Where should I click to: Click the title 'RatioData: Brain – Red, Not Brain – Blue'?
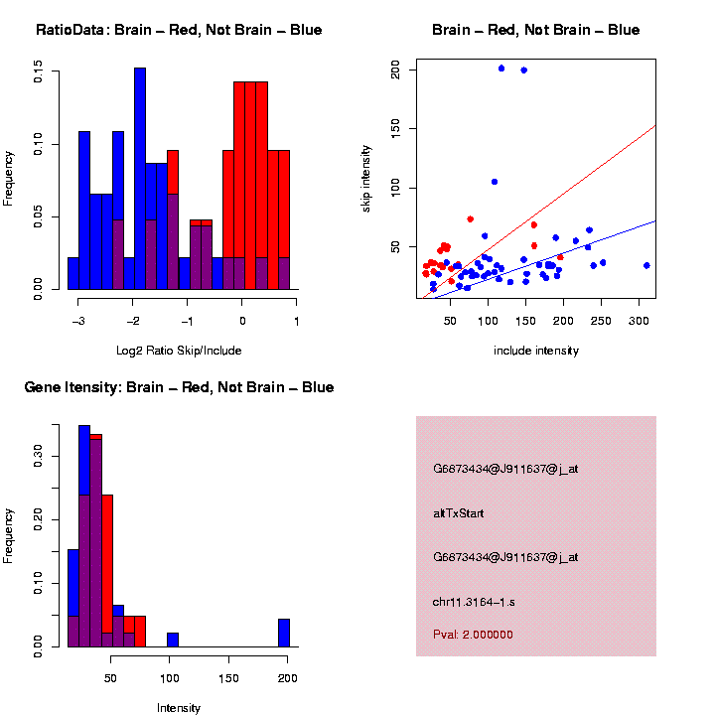[179, 30]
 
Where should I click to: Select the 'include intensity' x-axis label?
[535, 350]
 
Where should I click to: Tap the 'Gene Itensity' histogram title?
[179, 387]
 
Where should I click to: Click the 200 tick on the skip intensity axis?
[395, 71]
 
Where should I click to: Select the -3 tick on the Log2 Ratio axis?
[78, 320]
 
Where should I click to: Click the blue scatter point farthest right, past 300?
[646, 265]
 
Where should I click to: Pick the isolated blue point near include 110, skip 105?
[495, 182]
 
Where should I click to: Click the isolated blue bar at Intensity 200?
[283, 633]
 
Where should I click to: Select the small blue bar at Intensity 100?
[173, 640]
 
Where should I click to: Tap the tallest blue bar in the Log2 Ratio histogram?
[140, 179]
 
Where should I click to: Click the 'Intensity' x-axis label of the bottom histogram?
[179, 707]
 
